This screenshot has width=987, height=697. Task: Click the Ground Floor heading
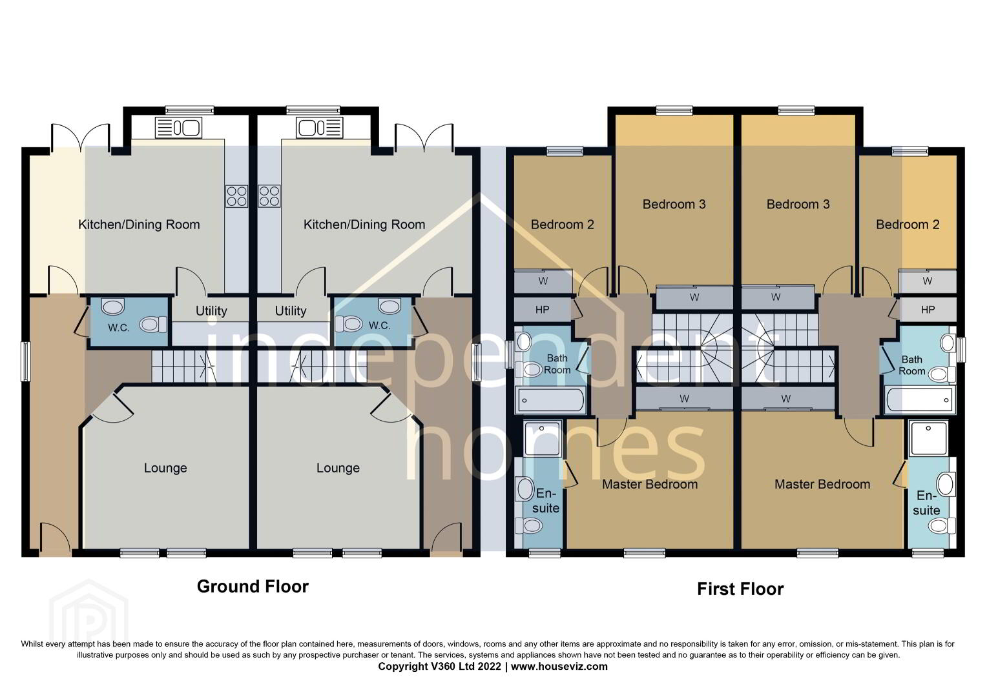253,587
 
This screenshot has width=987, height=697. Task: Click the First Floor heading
740,589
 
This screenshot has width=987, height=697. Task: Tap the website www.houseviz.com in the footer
559,667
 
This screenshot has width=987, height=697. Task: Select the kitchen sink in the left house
178,128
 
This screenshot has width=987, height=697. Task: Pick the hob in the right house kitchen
269,196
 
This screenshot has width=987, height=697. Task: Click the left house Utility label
211,311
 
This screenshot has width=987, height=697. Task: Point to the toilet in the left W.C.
153,325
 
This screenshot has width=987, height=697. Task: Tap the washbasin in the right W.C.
390,305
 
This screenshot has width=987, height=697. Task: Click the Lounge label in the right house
338,468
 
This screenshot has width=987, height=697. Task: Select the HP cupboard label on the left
542,310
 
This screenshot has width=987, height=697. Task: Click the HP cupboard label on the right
928,310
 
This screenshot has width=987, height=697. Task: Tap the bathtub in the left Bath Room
551,400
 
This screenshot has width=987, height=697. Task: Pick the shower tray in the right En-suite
928,438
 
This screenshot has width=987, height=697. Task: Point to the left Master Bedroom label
650,484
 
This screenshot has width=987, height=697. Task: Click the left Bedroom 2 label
562,225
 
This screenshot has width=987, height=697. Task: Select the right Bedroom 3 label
798,205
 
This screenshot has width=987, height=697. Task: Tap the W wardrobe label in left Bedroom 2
543,281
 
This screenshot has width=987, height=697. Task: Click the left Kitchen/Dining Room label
139,225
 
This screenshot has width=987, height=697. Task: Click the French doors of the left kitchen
80,138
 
